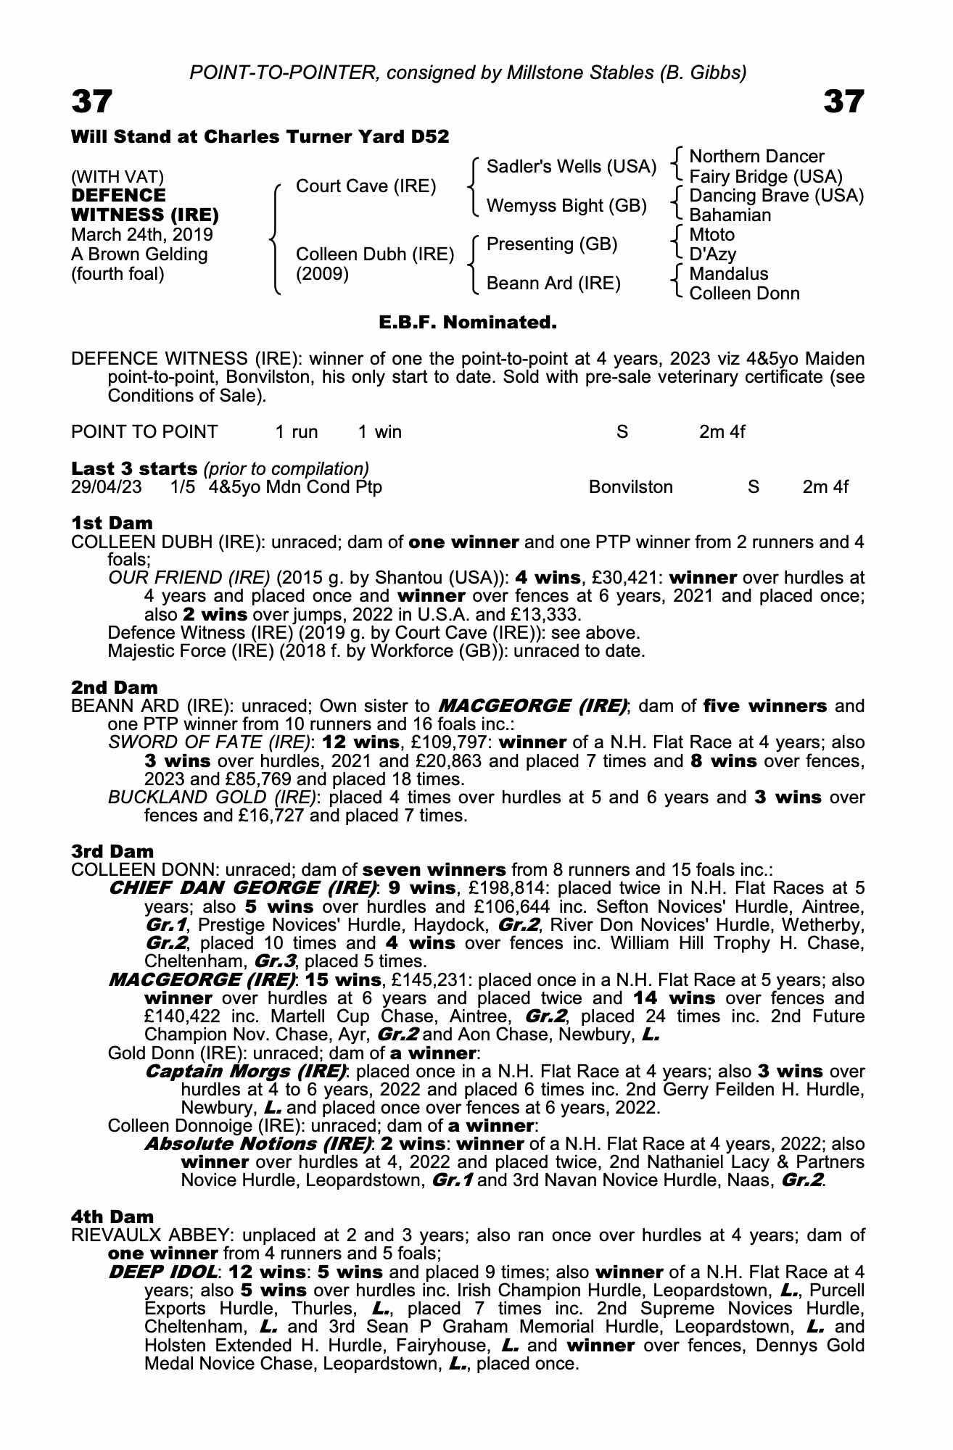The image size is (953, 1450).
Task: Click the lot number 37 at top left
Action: (92, 102)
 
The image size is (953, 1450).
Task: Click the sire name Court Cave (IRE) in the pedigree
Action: (366, 186)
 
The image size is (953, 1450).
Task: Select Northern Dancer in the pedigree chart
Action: (756, 157)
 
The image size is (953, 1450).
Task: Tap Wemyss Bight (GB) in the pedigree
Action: (566, 206)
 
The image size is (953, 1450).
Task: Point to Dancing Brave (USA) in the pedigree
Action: (776, 196)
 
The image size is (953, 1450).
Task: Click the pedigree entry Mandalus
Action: (728, 274)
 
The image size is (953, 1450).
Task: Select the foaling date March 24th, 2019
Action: (142, 235)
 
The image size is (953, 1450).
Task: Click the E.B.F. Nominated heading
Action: (468, 323)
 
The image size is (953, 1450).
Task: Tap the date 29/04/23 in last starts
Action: (107, 487)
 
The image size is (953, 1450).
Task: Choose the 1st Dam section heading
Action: (112, 523)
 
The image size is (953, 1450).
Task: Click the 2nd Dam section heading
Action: (114, 687)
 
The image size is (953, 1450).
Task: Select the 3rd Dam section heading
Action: (112, 851)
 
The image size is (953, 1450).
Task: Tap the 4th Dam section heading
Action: (112, 1216)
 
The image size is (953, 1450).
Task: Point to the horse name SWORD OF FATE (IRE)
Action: (210, 742)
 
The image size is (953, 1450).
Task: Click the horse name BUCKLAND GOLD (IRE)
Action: (213, 797)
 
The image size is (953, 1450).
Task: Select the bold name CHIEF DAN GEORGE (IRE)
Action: (242, 888)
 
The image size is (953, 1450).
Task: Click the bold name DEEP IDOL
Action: (163, 1272)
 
